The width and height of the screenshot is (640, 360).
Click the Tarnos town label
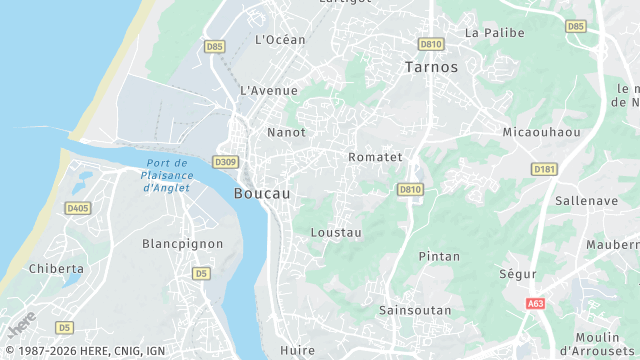431,68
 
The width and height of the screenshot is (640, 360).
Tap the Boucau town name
262,194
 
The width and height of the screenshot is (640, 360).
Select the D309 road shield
226,163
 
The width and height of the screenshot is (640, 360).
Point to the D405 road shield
77,208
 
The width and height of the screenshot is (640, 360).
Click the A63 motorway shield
535,303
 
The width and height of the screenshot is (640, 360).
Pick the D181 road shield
545,169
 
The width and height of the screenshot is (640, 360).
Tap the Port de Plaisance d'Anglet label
167,175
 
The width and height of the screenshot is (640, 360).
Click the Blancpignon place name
181,244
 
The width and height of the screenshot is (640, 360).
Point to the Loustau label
336,232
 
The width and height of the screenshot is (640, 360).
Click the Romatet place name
375,157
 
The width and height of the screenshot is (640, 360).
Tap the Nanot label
286,132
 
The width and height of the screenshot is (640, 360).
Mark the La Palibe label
494,32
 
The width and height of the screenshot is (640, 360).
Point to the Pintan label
439,257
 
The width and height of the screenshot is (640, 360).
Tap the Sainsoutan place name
415,311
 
